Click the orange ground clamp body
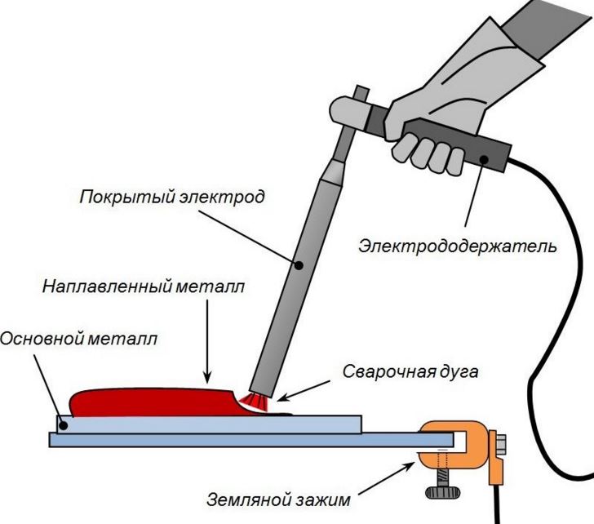(457, 437)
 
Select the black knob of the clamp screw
(441, 492)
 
